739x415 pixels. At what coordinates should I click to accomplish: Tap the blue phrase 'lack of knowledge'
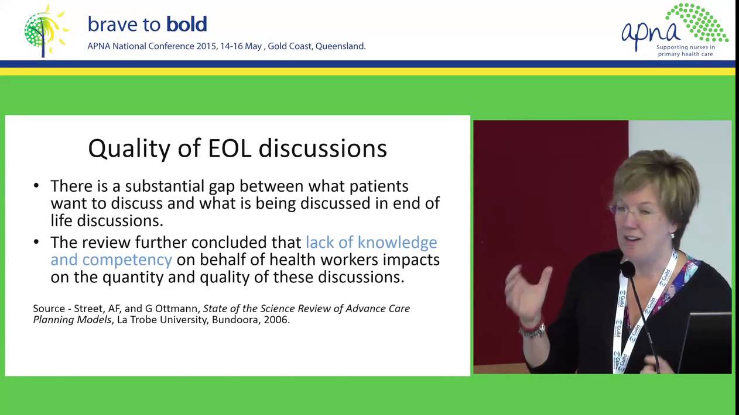pyautogui.click(x=371, y=242)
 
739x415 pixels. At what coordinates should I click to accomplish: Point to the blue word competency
pyautogui.click(x=127, y=260)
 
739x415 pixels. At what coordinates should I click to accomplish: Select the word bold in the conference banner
pyautogui.click(x=186, y=24)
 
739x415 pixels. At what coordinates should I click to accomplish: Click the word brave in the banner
pyautogui.click(x=114, y=24)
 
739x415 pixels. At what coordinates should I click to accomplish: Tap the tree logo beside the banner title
pyautogui.click(x=45, y=30)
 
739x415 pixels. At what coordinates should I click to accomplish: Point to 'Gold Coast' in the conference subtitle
pyautogui.click(x=290, y=46)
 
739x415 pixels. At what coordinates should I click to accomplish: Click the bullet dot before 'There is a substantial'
pyautogui.click(x=37, y=186)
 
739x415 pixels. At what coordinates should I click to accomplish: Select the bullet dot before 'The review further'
pyautogui.click(x=37, y=242)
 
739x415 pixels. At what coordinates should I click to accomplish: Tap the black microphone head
pyautogui.click(x=628, y=269)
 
